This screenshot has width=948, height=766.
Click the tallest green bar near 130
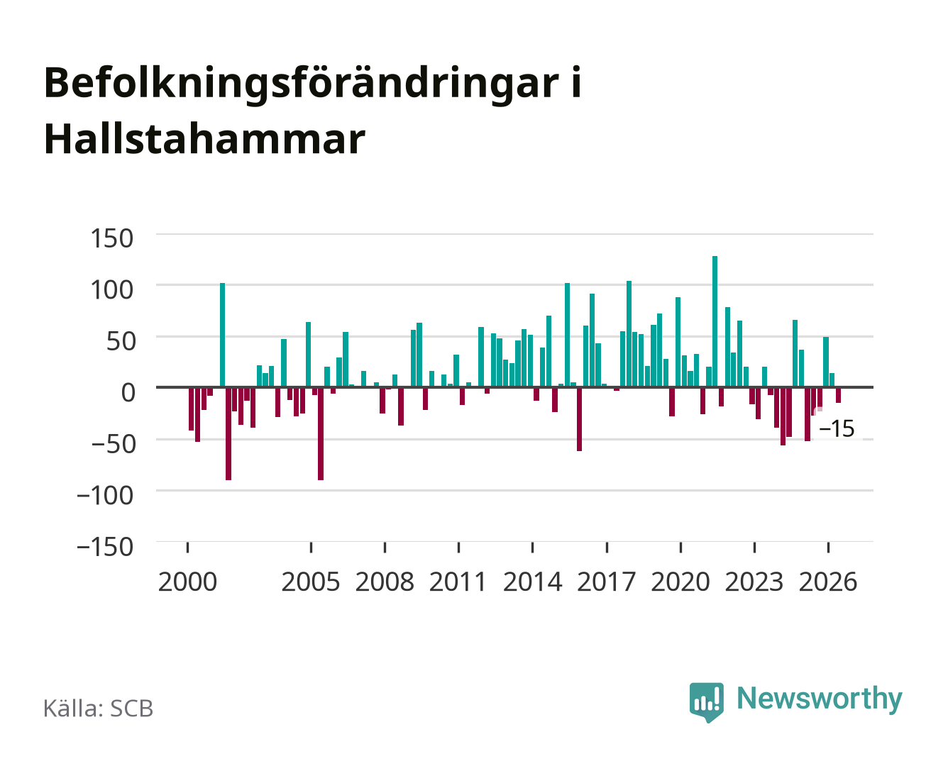[x=715, y=321]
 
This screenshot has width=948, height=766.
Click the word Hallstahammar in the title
[x=204, y=139]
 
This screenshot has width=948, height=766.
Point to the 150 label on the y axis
[x=111, y=238]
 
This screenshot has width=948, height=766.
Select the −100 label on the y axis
[x=105, y=495]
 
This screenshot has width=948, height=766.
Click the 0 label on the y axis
[x=128, y=392]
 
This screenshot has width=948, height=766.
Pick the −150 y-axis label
[x=105, y=547]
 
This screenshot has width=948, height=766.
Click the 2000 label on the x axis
[x=187, y=582]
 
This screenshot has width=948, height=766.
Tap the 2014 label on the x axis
[x=532, y=582]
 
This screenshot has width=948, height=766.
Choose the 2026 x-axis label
[x=828, y=582]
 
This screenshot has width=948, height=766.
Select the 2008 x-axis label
[x=385, y=582]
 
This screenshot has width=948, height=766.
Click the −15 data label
[x=837, y=429]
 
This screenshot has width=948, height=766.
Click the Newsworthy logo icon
[x=706, y=702]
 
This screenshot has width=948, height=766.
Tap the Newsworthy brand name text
[x=820, y=699]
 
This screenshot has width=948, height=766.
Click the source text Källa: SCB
[x=99, y=708]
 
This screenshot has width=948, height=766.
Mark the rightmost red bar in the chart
[x=838, y=395]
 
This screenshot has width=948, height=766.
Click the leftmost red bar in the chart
[x=192, y=409]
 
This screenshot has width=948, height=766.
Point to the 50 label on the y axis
[x=121, y=341]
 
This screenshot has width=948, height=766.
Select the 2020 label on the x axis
[x=680, y=582]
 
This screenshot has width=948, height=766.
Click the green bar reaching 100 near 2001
[x=222, y=335]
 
